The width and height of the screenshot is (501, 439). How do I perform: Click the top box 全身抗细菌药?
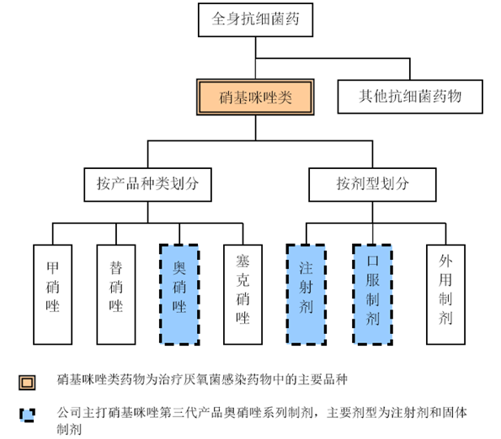click(x=255, y=20)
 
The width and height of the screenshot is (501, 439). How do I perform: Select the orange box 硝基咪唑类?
click(x=255, y=97)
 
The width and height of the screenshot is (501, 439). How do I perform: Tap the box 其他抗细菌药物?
click(x=410, y=97)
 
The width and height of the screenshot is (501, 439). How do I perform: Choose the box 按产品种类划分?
click(x=147, y=185)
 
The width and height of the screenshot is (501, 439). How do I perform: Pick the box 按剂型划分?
click(x=372, y=185)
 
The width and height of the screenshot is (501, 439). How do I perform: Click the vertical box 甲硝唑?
click(x=53, y=294)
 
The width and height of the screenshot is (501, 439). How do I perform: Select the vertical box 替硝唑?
click(x=116, y=294)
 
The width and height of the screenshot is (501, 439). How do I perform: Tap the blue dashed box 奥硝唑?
click(x=179, y=294)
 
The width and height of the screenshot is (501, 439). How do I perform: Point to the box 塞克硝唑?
click(x=243, y=294)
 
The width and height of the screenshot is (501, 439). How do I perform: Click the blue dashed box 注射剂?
click(x=306, y=294)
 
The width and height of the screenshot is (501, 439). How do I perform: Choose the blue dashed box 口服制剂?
click(x=372, y=294)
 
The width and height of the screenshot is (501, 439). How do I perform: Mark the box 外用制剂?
click(x=445, y=294)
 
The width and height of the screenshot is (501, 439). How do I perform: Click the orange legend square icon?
click(x=27, y=382)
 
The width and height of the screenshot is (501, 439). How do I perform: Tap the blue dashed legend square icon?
click(x=27, y=415)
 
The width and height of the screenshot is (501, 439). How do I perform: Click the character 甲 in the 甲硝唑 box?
click(x=53, y=267)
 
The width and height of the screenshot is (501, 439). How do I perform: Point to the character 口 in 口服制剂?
click(x=372, y=261)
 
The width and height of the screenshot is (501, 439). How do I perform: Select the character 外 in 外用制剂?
click(x=445, y=261)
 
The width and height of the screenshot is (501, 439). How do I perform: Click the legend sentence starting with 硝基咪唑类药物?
click(x=202, y=379)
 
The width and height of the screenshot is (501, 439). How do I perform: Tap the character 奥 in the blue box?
click(x=179, y=267)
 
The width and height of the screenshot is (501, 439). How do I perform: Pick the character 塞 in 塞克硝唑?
click(x=243, y=261)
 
